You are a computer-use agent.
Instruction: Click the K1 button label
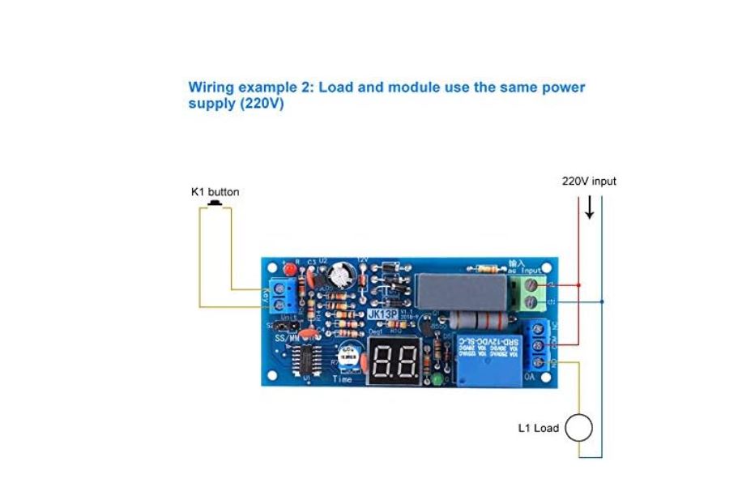pyautogui.click(x=215, y=192)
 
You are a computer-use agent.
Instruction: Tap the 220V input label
pyautogui.click(x=589, y=182)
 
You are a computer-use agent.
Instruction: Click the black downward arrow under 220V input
pyautogui.click(x=590, y=208)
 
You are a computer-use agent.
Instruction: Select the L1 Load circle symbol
pyautogui.click(x=578, y=428)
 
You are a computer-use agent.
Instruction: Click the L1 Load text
pyautogui.click(x=538, y=428)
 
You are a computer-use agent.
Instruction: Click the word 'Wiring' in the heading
pyautogui.click(x=210, y=87)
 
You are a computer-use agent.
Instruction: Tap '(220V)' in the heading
pyautogui.click(x=262, y=104)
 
